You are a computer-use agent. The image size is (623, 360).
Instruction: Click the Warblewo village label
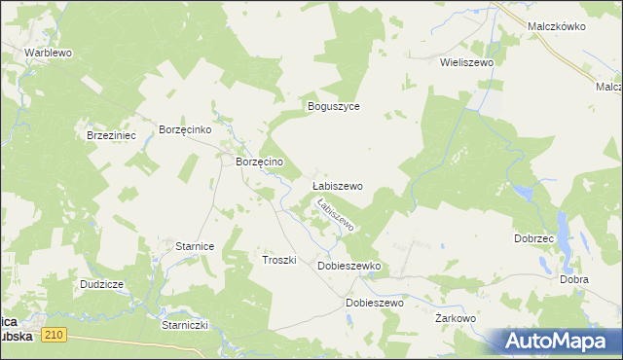pyautogui.click(x=49, y=52)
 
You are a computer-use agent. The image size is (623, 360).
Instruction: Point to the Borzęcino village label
pyautogui.click(x=259, y=162)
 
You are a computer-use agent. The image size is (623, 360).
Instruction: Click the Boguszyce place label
pyautogui.click(x=334, y=106)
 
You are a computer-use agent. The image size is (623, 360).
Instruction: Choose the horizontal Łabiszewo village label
pyautogui.click(x=337, y=185)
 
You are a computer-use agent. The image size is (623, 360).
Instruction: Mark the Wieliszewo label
pyautogui.click(x=467, y=61)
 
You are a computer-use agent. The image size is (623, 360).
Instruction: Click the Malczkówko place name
pyautogui.click(x=555, y=27)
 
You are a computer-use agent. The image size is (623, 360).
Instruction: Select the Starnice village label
pyautogui.click(x=195, y=247)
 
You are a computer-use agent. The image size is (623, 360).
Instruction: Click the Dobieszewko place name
pyautogui.click(x=348, y=266)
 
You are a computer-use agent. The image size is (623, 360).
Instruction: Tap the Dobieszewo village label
pyautogui.click(x=375, y=303)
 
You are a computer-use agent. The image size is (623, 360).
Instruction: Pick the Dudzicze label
pyautogui.click(x=102, y=284)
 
